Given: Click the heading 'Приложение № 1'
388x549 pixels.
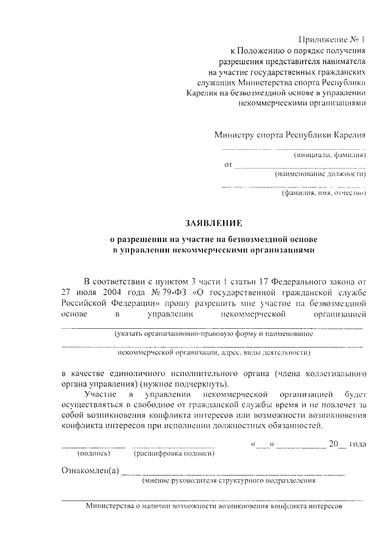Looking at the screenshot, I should pyautogui.click(x=336, y=40).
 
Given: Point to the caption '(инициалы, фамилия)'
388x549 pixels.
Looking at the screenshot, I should pyautogui.click(x=330, y=155).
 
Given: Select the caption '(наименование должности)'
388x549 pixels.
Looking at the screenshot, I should pyautogui.click(x=321, y=174).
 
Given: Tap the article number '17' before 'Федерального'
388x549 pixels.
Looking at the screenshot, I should pyautogui.click(x=258, y=281).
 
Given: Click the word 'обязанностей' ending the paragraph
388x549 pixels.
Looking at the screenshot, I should pyautogui.click(x=292, y=427).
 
